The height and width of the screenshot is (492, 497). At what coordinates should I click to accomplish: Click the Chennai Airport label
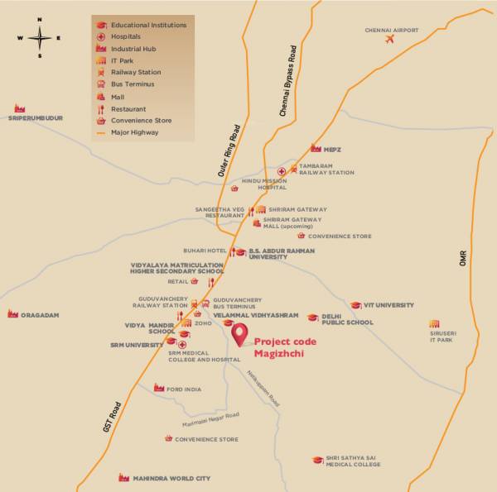coord(391,31)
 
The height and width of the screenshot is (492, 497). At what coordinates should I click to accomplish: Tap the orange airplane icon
coord(388,41)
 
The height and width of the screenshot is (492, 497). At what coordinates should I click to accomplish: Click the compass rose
coord(40,37)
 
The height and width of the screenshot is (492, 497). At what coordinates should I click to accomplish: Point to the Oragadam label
coord(39,315)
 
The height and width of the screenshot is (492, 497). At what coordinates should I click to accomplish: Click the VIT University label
coord(388,305)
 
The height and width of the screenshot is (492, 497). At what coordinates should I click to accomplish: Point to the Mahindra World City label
coord(173,478)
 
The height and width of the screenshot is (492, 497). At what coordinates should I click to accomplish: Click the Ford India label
coord(183,389)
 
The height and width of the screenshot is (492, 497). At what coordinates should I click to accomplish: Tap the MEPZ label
coord(332,149)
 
